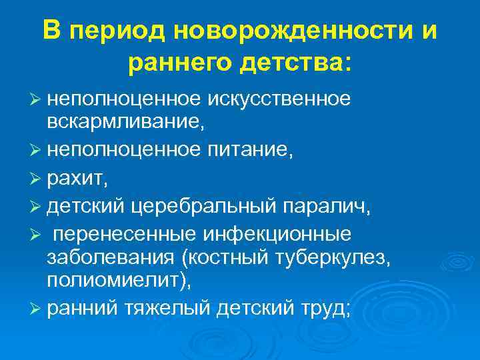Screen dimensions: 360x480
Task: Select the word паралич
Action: pos(327,206)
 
